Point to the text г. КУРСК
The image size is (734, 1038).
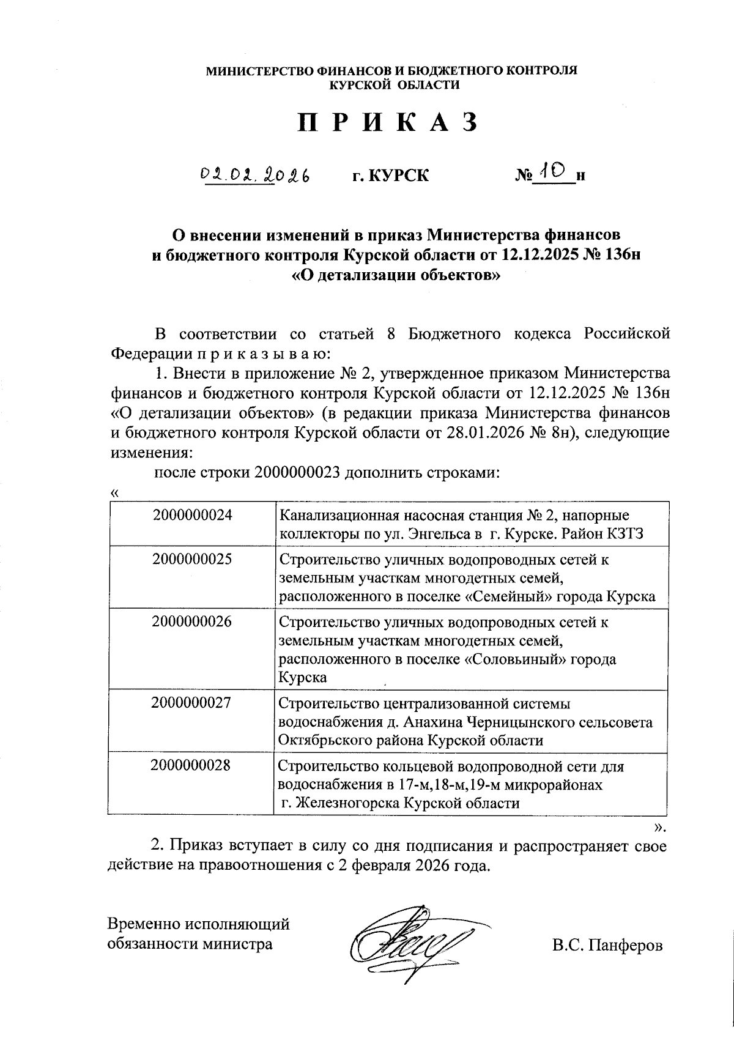coord(390,176)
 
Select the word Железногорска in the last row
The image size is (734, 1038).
coord(345,804)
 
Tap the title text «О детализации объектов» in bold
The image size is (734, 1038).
coord(397,275)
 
